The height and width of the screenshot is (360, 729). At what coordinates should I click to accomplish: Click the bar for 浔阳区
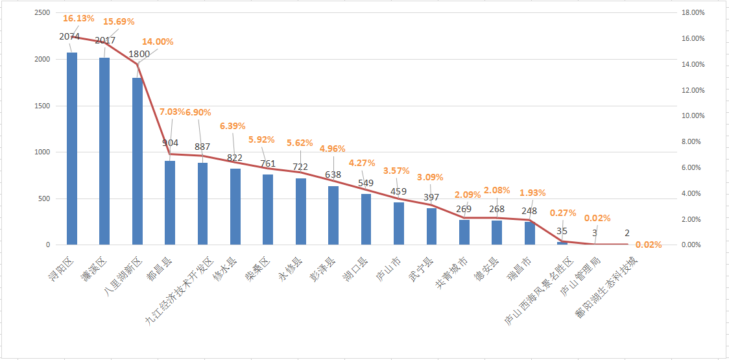pos(71,149)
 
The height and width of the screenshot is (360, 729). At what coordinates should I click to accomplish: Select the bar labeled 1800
pos(137,162)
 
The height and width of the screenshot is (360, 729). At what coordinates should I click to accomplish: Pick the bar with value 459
pos(398,224)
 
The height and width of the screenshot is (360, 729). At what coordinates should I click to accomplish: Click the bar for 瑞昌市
pos(529,234)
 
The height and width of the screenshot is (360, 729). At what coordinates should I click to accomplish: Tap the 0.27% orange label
pos(564,212)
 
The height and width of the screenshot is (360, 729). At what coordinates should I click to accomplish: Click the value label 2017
pos(105,40)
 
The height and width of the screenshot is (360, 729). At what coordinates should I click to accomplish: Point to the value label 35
pos(562,231)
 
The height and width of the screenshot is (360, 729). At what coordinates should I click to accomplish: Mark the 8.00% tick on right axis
pos(690,141)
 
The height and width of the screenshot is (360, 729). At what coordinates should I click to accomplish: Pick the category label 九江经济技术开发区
pos(179,289)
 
